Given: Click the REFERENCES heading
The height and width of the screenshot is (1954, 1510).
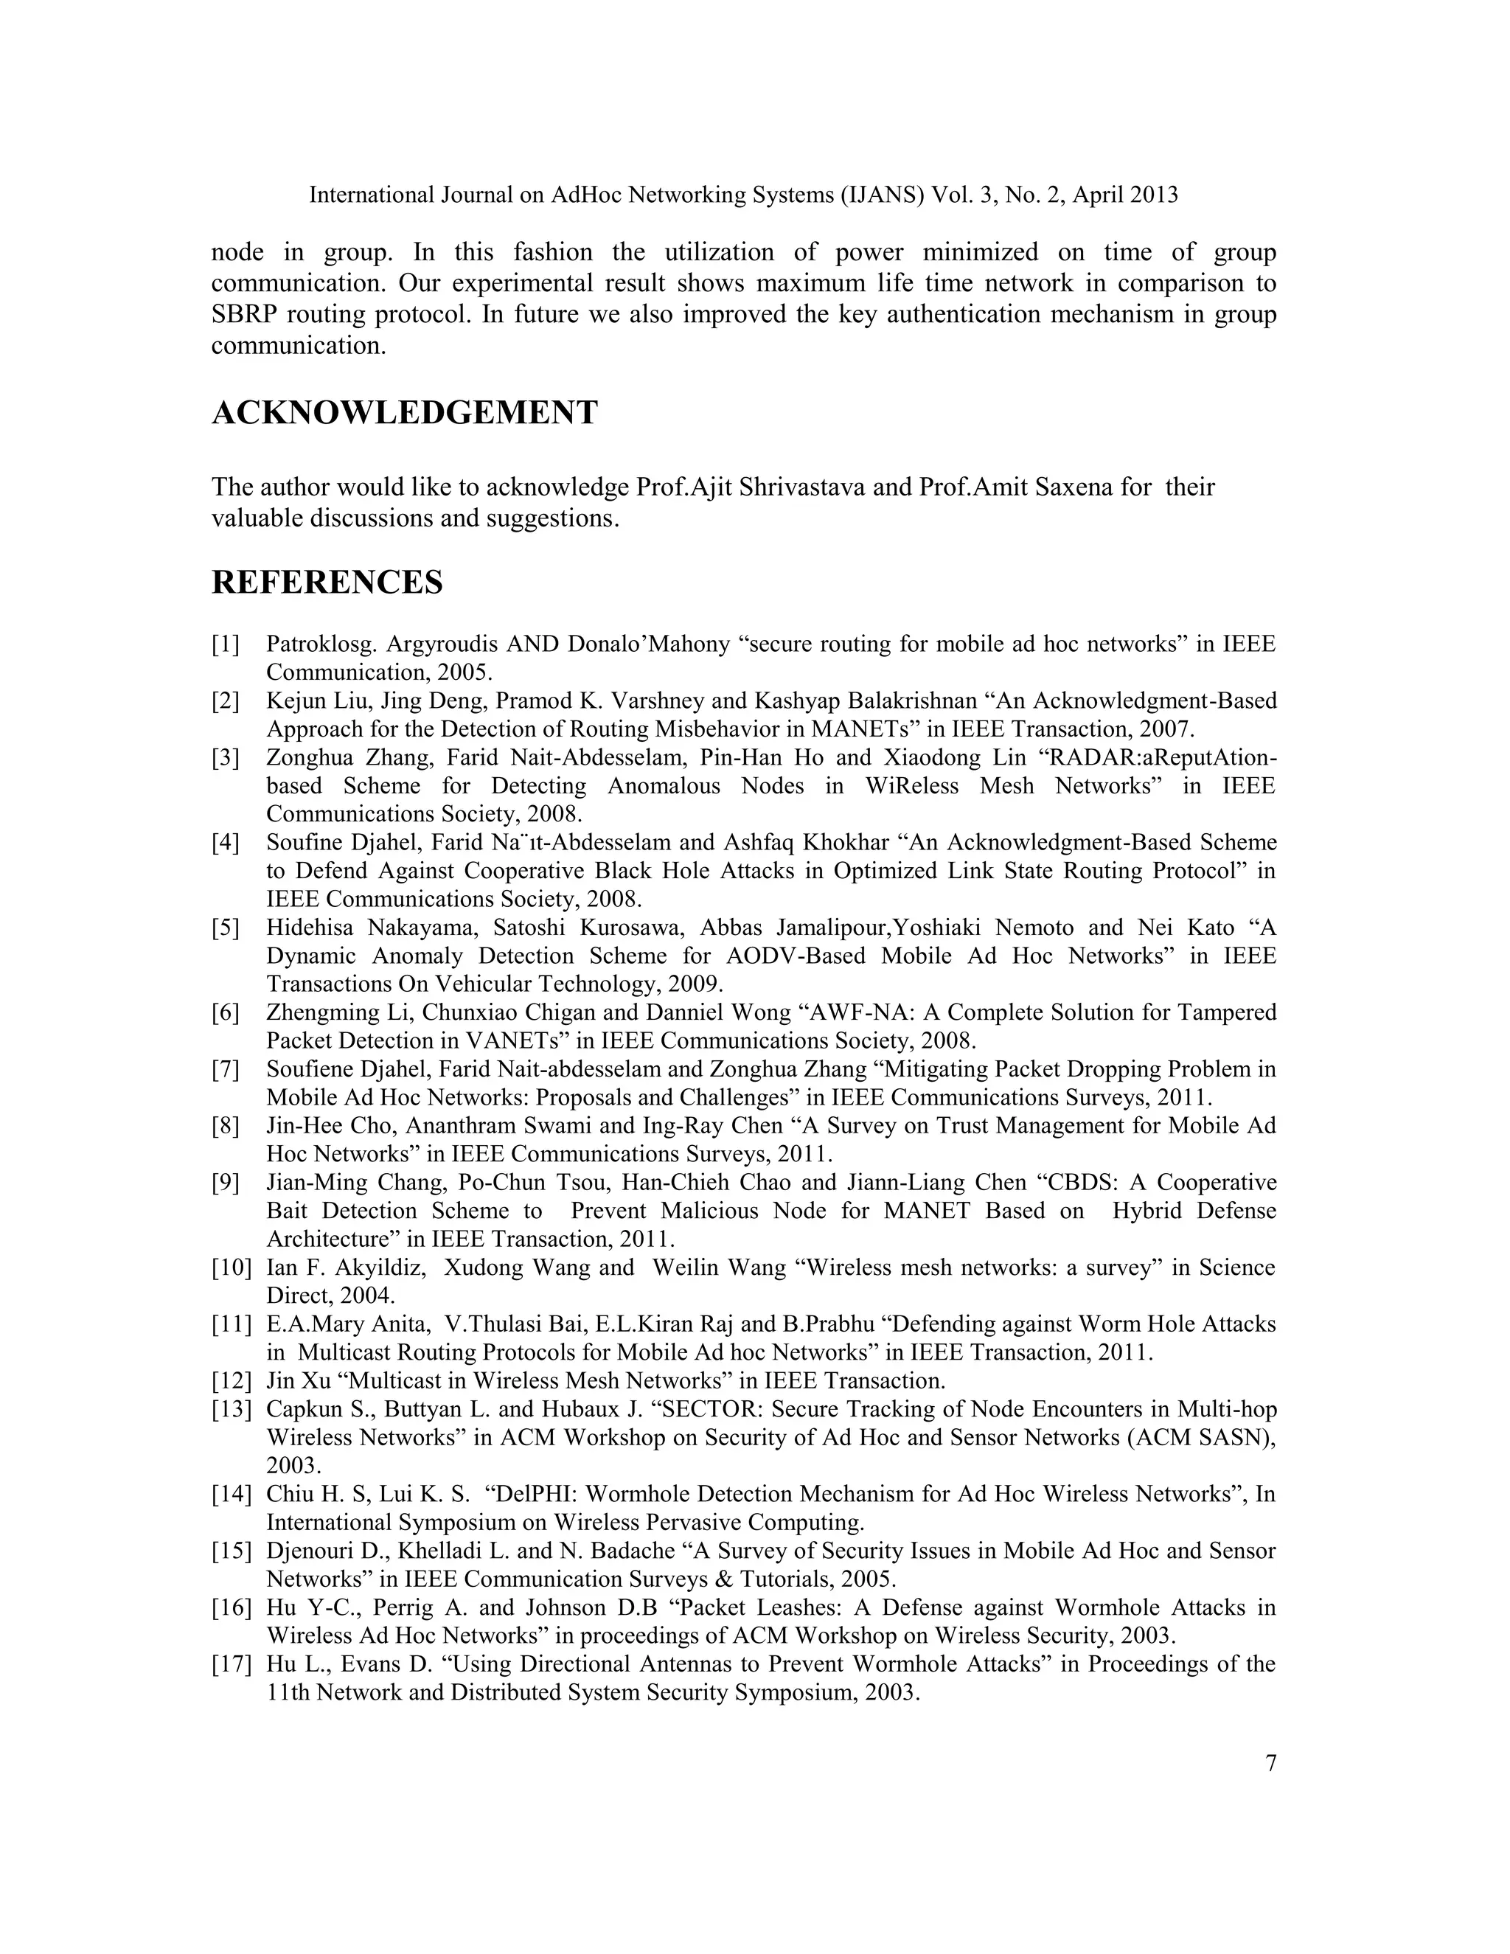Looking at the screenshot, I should [327, 583].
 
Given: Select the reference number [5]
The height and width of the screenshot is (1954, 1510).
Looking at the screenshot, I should [226, 928].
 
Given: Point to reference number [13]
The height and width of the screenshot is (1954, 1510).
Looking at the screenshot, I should [231, 1410].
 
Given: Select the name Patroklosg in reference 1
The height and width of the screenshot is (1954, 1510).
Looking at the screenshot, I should [313, 645].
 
